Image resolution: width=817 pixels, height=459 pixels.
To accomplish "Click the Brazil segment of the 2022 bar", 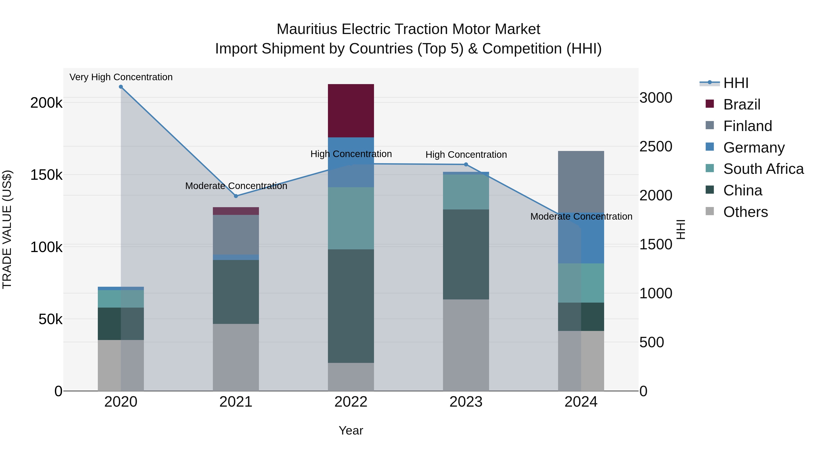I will (x=351, y=111).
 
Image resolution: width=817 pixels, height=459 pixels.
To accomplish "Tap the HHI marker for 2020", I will (x=121, y=87).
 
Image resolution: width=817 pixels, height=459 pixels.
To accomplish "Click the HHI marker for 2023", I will (x=466, y=164).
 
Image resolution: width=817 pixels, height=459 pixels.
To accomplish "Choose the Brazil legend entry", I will (x=741, y=104).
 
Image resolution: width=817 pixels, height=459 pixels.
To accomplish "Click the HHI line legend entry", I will (x=736, y=83).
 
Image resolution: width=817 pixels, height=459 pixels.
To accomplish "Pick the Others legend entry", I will (x=745, y=212).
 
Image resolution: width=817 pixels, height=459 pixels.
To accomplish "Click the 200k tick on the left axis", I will (x=46, y=103).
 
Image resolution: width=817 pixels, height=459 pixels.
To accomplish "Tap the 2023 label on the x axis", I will (x=466, y=402).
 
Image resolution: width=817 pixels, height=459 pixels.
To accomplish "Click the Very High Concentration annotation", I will (x=121, y=77).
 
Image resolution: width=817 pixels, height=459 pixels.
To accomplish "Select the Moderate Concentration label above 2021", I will (x=236, y=186).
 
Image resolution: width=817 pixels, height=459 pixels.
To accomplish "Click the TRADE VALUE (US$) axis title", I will (x=7, y=229).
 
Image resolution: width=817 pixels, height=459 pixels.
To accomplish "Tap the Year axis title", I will (x=351, y=430).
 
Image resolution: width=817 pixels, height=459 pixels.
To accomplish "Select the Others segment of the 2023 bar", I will (x=466, y=345).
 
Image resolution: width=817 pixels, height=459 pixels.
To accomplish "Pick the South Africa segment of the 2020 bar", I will (x=121, y=299).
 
